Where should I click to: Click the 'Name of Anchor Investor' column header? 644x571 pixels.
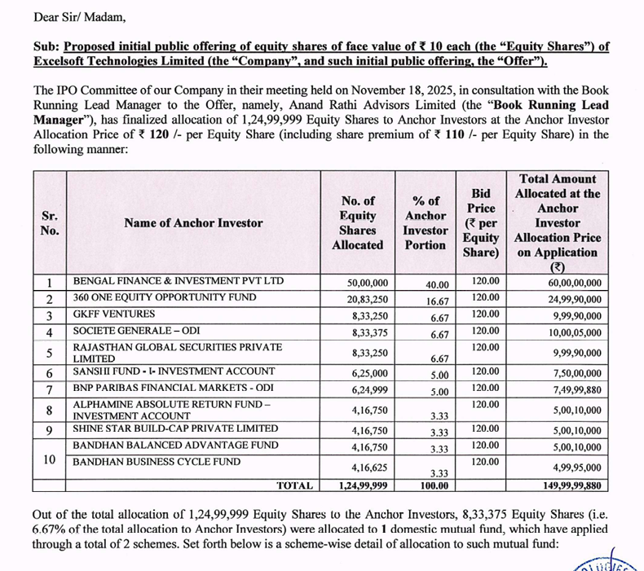pos(193,222)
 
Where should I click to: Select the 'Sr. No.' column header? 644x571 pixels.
pos(49,222)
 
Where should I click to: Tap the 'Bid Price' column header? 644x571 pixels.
pos(481,222)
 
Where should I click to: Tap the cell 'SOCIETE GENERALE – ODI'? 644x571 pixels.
pos(135,332)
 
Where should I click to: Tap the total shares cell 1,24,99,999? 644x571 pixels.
pos(363,485)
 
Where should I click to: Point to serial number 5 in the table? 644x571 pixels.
pos(49,353)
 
